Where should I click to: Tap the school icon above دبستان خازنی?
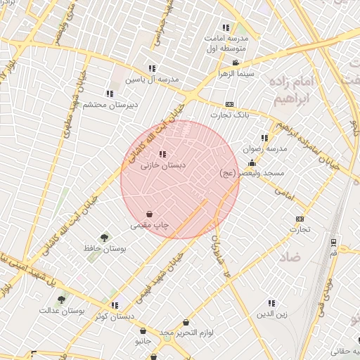click(163, 154)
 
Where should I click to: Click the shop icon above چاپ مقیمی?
click(150, 214)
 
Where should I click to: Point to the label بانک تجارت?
click(229, 115)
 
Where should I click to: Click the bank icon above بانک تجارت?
click(229, 104)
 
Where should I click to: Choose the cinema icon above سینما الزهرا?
click(236, 63)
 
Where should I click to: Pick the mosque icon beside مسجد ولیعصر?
click(252, 163)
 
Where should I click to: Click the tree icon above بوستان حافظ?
click(105, 238)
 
